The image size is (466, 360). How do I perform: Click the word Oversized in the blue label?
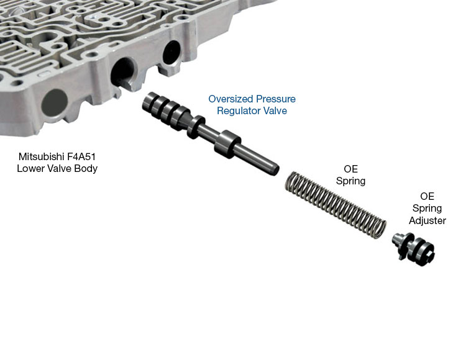pos(231,99)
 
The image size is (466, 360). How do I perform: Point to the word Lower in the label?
pos(29,168)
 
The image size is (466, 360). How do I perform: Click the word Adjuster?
pos(427,220)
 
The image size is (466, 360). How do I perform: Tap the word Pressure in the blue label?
pos(276,99)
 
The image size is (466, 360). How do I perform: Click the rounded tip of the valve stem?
pos(274,170)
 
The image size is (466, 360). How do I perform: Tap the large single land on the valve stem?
pos(227,144)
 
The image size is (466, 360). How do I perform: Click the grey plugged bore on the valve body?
pos(55,102)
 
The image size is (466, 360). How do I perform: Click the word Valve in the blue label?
pos(277,110)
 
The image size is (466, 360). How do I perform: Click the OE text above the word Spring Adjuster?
pos(427,196)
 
